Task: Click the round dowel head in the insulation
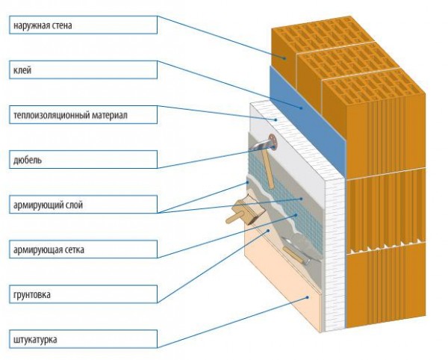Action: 270,140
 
